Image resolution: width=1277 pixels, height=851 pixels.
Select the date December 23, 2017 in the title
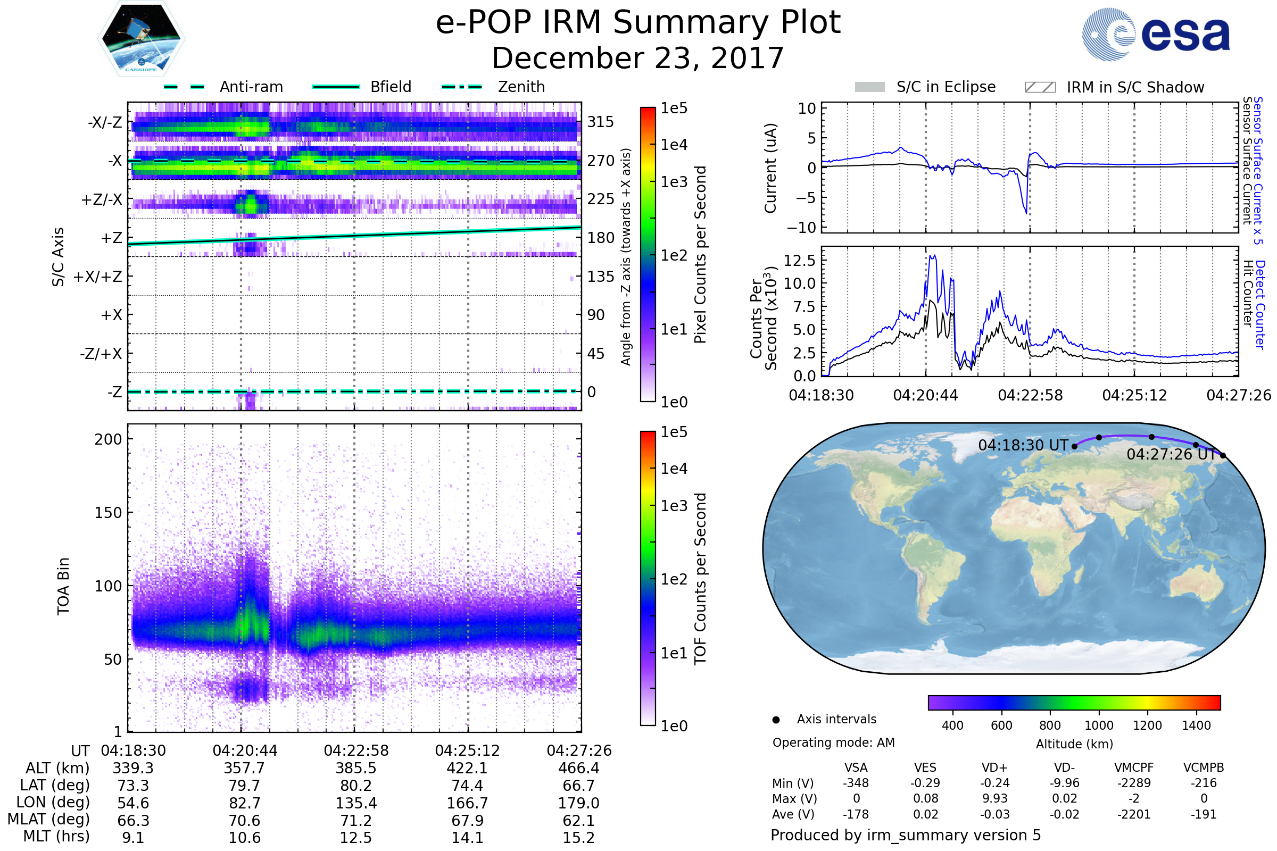pyautogui.click(x=638, y=58)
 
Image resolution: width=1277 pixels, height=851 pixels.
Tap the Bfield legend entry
pyautogui.click(x=391, y=87)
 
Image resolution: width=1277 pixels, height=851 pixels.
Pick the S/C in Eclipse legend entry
pyautogui.click(x=946, y=87)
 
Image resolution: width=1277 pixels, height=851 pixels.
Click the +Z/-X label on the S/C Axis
pyautogui.click(x=102, y=200)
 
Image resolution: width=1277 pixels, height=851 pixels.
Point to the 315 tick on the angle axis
pyautogui.click(x=601, y=122)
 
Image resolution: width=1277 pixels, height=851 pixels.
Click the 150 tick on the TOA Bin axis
pyautogui.click(x=108, y=513)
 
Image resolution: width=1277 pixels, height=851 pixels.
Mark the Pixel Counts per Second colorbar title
pyautogui.click(x=700, y=255)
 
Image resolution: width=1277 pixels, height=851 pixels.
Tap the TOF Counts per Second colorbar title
pyautogui.click(x=700, y=579)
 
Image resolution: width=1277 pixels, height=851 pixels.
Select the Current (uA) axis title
pyautogui.click(x=770, y=168)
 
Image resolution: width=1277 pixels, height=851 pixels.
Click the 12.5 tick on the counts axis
pyautogui.click(x=799, y=261)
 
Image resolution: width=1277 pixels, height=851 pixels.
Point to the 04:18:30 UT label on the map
pyautogui.click(x=1023, y=446)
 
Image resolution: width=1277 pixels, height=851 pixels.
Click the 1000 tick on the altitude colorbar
pyautogui.click(x=1099, y=725)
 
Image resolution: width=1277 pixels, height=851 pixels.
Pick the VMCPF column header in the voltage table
pyautogui.click(x=1134, y=767)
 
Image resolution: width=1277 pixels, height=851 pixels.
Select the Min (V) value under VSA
pyautogui.click(x=856, y=783)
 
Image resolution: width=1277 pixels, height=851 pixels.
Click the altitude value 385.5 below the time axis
pyautogui.click(x=355, y=769)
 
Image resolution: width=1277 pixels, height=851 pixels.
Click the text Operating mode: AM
pyautogui.click(x=833, y=742)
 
